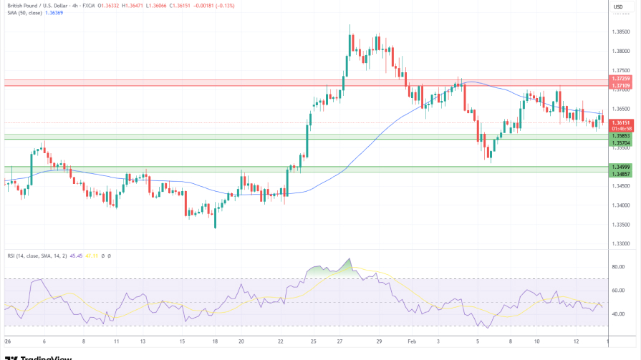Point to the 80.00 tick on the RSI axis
[618, 267]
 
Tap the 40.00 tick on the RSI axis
[618, 314]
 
